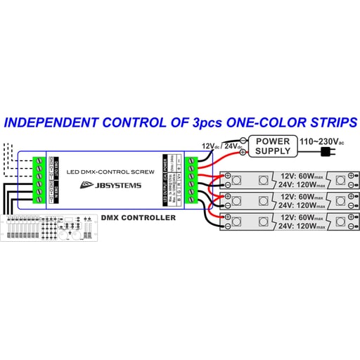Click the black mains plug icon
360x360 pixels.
pos(326,152)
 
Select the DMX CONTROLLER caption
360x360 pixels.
pos(139,218)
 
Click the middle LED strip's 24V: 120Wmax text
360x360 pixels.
pos(301,205)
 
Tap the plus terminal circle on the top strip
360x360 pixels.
pos(228,176)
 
